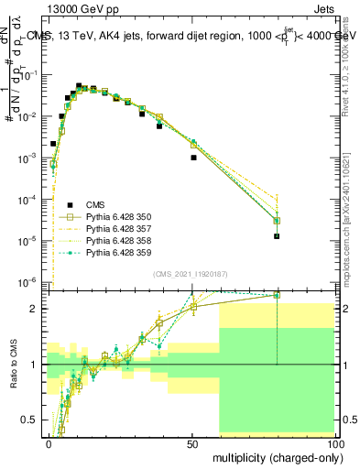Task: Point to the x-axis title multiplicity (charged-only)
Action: coord(273,456)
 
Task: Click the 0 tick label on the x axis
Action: coord(49,443)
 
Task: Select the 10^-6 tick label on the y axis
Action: coord(27,281)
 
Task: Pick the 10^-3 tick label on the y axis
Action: coord(27,158)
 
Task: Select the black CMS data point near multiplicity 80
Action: coord(277,236)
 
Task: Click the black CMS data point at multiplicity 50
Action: coord(193,158)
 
